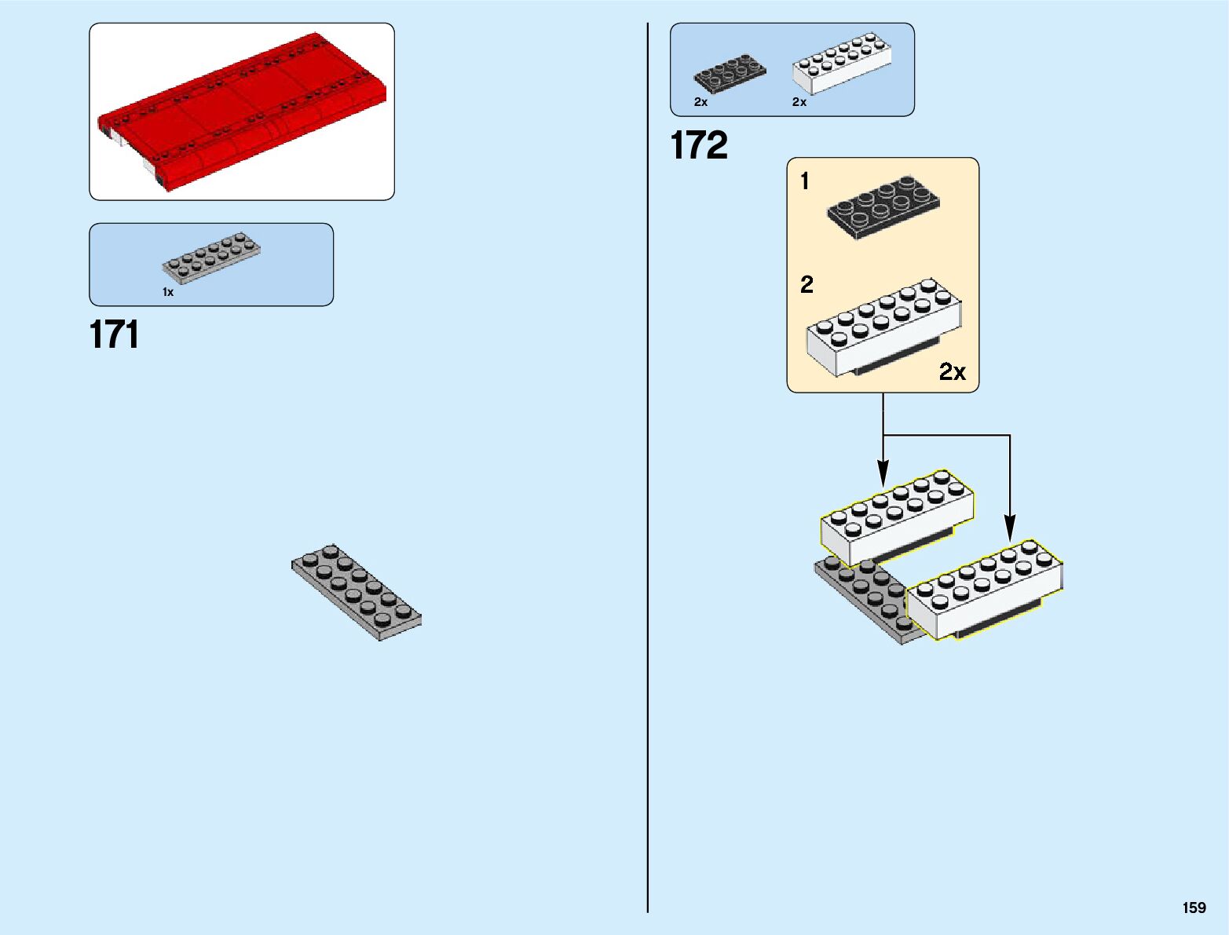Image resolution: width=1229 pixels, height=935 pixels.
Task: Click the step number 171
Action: [x=115, y=335]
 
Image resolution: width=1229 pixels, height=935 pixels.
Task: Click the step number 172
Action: [x=699, y=146]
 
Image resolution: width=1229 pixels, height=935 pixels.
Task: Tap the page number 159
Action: [x=1194, y=908]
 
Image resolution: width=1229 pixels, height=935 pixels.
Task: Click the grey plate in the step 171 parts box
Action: [x=211, y=257]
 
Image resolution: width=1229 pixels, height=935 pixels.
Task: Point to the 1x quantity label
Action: [x=168, y=292]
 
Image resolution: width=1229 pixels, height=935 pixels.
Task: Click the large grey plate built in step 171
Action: [x=357, y=592]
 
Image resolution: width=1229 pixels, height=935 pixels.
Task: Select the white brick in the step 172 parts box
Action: [x=842, y=62]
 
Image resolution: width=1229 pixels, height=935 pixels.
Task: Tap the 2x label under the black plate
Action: [x=700, y=102]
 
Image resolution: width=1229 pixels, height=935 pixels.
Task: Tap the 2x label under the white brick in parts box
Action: [x=799, y=102]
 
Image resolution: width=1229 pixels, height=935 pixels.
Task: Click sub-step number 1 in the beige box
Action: [x=804, y=181]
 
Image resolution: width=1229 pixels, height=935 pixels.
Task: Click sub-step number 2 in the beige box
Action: [x=807, y=284]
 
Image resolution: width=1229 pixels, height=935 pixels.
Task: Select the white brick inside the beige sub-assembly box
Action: [x=883, y=326]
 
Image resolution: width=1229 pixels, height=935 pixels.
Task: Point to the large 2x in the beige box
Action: [x=953, y=371]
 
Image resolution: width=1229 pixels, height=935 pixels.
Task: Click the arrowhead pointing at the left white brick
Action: [x=883, y=474]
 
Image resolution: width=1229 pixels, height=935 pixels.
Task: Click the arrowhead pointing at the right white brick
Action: [x=1010, y=527]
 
